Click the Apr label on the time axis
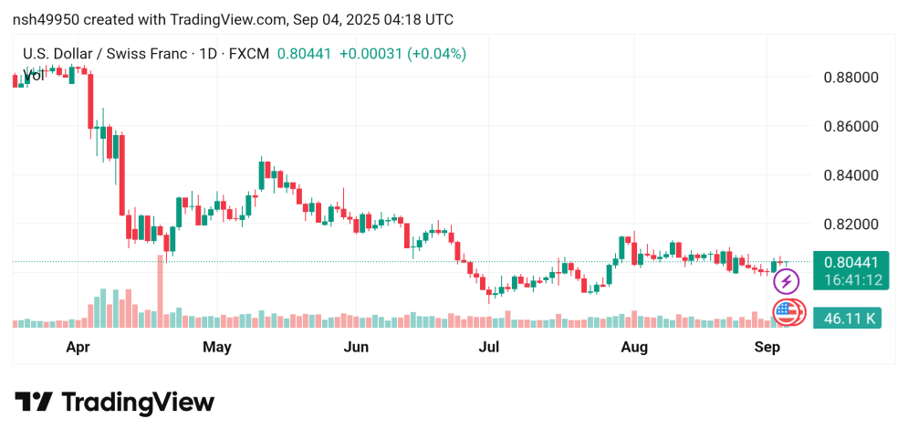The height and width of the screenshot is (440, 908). (78, 347)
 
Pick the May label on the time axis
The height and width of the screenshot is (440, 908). (217, 347)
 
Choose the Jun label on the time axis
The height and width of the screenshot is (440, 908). (356, 347)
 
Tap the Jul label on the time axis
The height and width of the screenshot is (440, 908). (490, 347)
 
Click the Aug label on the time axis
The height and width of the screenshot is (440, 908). (633, 347)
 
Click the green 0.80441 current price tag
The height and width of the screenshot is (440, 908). (847, 262)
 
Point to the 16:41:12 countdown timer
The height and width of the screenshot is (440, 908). (847, 280)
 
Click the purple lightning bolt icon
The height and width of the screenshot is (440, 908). (786, 281)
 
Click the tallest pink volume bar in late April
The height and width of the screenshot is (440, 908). (161, 290)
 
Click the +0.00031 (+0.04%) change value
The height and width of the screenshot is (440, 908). (402, 54)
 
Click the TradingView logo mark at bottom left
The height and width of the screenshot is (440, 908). (33, 403)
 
